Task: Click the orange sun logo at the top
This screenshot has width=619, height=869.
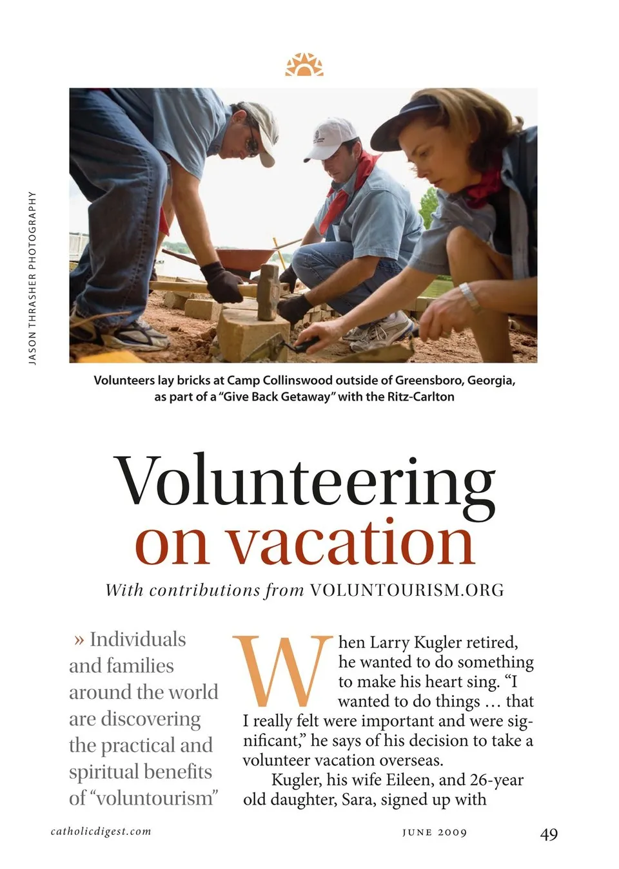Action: click(x=304, y=65)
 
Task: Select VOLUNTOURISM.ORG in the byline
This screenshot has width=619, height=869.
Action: click(x=406, y=590)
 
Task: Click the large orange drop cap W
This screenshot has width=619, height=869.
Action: click(x=282, y=671)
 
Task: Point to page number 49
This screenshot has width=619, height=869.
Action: click(x=549, y=834)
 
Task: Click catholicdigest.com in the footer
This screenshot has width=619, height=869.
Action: click(x=101, y=831)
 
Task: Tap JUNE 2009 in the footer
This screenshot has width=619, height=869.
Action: click(x=434, y=832)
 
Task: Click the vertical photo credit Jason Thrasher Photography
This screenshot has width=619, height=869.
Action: click(x=32, y=278)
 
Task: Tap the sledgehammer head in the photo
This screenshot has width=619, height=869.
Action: click(x=268, y=292)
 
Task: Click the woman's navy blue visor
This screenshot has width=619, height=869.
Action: click(x=403, y=123)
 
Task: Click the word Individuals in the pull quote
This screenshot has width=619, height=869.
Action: click(x=137, y=639)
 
